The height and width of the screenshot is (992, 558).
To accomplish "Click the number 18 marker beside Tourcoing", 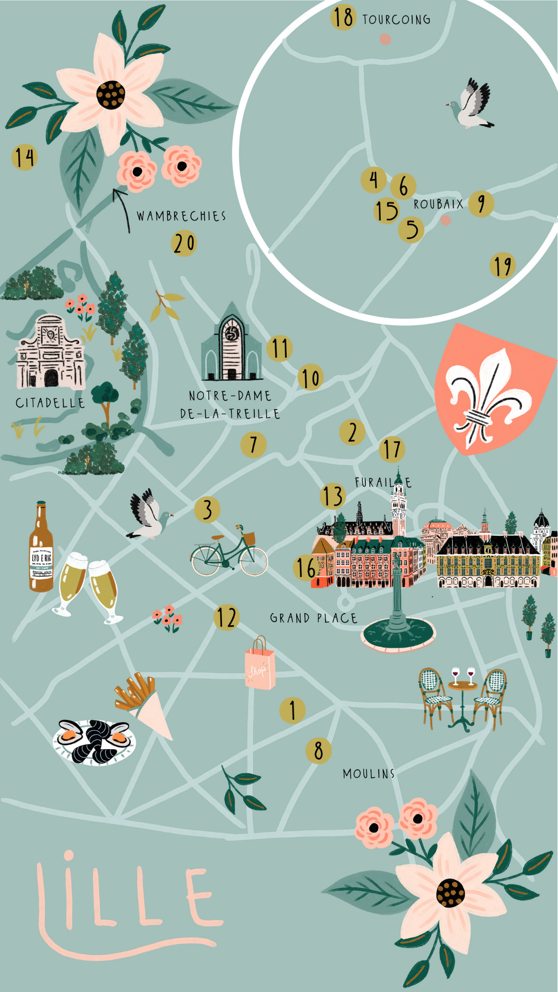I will point(343,18).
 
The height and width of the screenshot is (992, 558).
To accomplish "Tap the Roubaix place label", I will point(438,204).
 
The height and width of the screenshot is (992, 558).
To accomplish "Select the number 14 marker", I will point(24,158).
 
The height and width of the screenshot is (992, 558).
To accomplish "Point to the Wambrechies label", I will point(181,216).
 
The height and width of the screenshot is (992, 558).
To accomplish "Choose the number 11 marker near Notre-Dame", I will point(280,348).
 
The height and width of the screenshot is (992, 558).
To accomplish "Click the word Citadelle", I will point(50,403).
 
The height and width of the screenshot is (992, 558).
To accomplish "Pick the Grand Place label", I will point(313,618).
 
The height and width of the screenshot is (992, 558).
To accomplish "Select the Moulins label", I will point(368,773).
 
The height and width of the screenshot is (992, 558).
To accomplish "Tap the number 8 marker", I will point(318,751).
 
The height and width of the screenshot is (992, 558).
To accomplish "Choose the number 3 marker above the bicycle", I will point(207,509).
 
